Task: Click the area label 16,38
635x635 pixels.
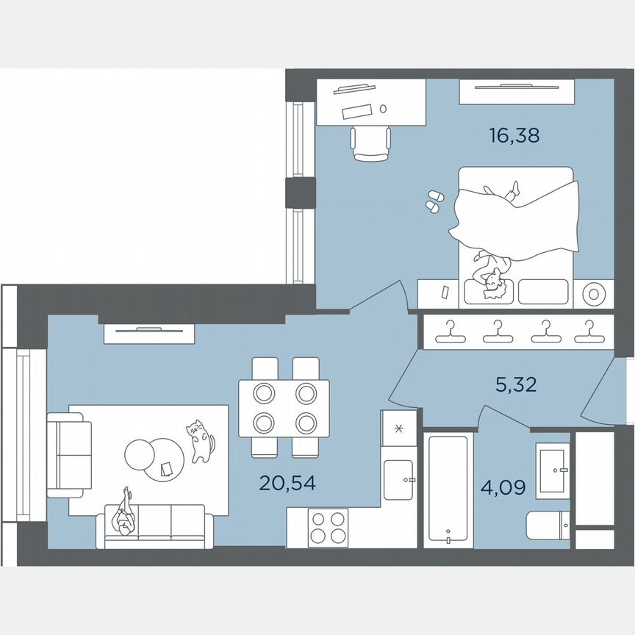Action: pyautogui.click(x=514, y=134)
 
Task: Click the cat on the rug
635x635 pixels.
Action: pyautogui.click(x=199, y=440)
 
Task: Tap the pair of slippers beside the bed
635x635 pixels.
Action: pyautogui.click(x=434, y=200)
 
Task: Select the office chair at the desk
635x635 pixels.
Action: pyautogui.click(x=370, y=143)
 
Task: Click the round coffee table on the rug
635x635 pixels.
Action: pyautogui.click(x=154, y=459)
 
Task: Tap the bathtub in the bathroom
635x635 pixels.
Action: pyautogui.click(x=447, y=489)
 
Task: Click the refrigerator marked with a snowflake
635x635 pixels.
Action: pyautogui.click(x=399, y=428)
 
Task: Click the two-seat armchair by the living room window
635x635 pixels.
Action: pyautogui.click(x=68, y=445)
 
